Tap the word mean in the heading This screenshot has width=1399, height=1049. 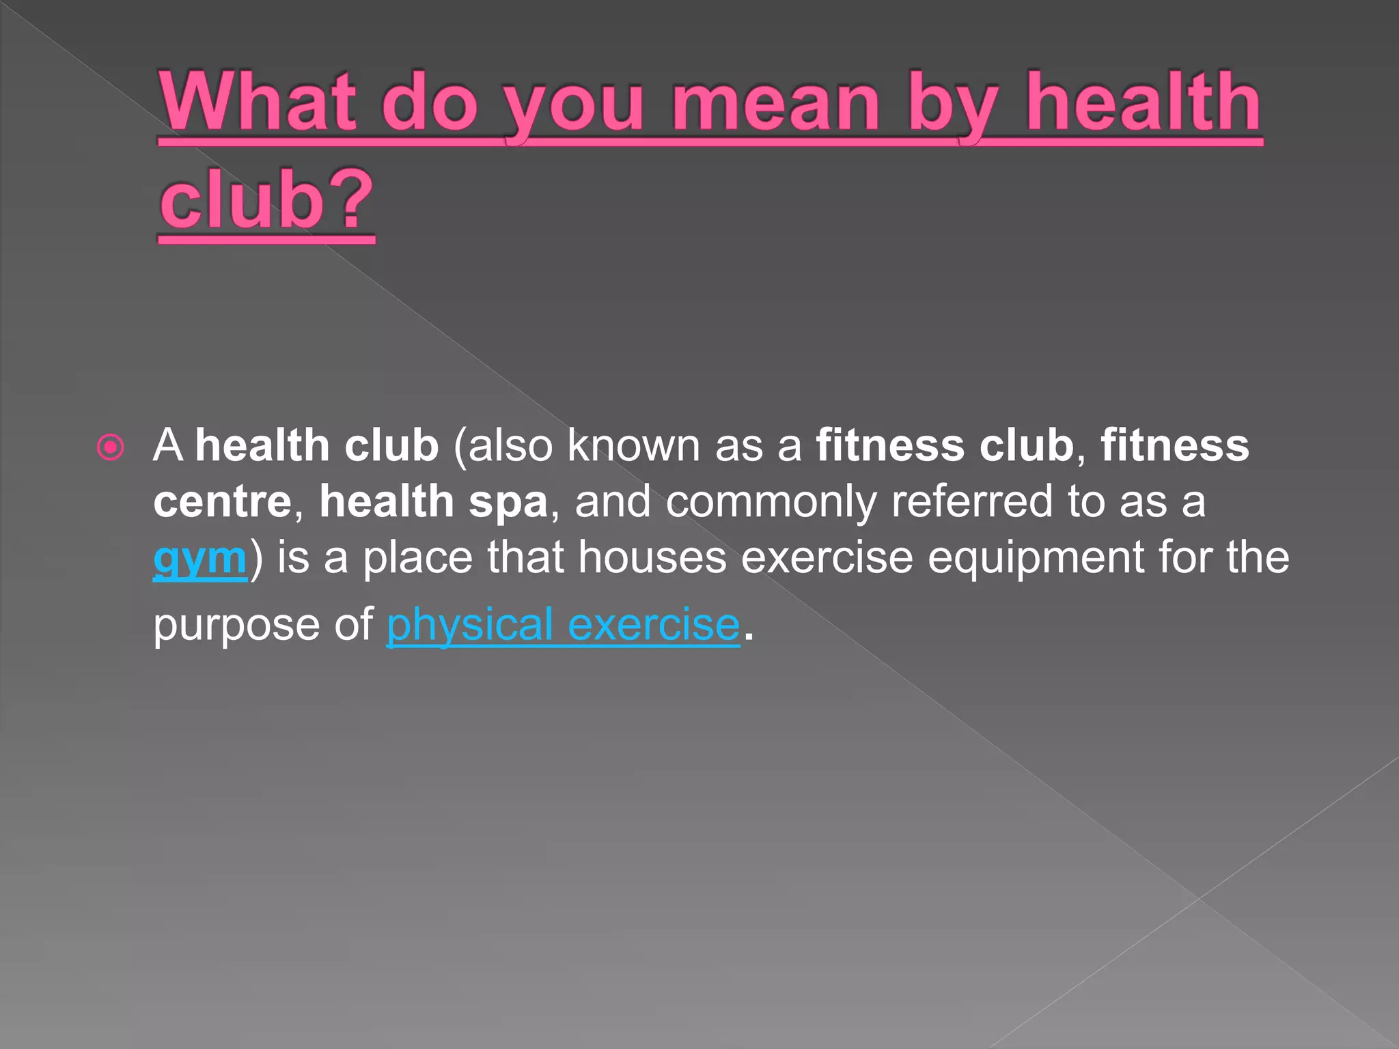click(x=776, y=102)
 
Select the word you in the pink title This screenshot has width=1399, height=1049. click(x=574, y=106)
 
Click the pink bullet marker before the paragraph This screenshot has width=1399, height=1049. click(x=111, y=448)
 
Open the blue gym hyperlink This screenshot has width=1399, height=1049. click(x=199, y=559)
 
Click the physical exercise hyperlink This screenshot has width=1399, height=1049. click(x=563, y=624)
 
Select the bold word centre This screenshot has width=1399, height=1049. click(x=223, y=502)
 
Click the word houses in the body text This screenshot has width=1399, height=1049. click(x=652, y=557)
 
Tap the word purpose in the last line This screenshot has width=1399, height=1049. click(x=236, y=626)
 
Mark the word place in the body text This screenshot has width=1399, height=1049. click(x=417, y=557)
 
